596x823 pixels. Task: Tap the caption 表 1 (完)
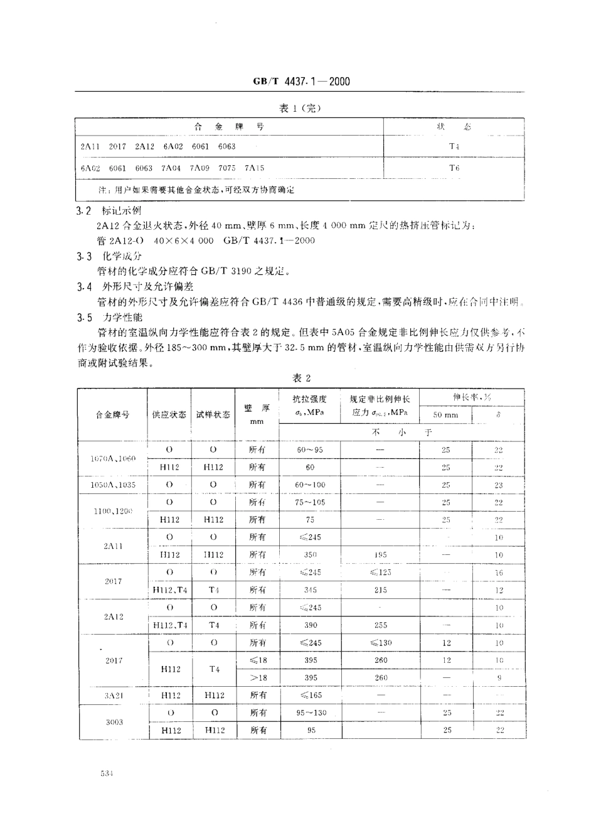300,108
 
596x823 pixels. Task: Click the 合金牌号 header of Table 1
229,126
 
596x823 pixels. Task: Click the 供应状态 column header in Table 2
169,415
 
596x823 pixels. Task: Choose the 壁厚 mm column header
257,415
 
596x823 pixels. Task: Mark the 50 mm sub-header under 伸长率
445,415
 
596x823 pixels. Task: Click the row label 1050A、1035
112,485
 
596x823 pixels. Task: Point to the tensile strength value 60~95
310,449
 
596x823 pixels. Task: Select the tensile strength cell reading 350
310,555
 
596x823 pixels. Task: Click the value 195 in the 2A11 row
380,555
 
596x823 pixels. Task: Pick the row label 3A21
112,696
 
